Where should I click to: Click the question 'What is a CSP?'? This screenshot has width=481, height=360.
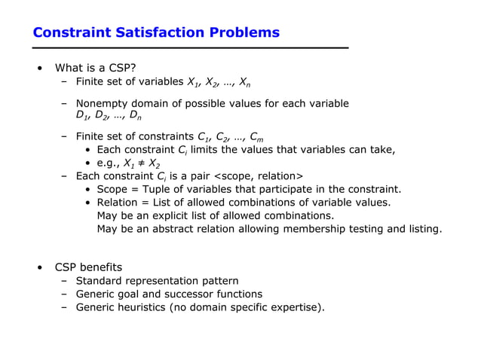pos(95,69)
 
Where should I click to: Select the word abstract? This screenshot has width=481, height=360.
pos(172,228)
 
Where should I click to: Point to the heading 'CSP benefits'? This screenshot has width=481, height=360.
pos(88,267)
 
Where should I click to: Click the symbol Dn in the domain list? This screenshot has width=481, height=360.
pos(135,116)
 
